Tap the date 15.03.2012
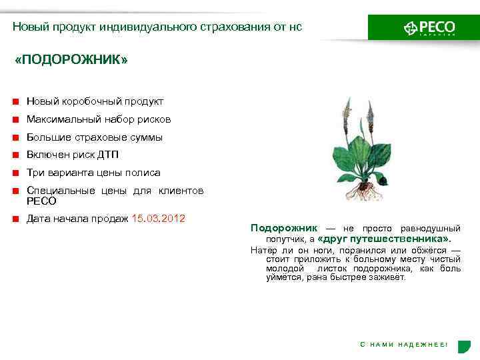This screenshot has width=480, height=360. pos(159,218)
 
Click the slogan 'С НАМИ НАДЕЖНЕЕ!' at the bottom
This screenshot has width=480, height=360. pos(404,344)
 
